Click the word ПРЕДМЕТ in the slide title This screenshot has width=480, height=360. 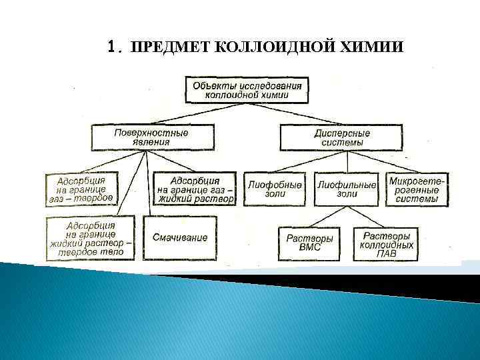point(170,47)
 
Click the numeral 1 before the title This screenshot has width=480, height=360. point(112,47)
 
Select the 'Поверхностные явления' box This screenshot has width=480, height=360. point(151,137)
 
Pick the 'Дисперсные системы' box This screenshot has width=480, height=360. point(342,138)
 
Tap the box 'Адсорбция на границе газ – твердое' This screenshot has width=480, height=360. point(81,189)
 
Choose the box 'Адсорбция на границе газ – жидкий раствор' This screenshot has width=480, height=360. point(195,189)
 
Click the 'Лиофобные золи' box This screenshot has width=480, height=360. point(275,189)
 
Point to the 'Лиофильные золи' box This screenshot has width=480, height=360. point(347,189)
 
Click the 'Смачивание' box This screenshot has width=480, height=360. point(180,237)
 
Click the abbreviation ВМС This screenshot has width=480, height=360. point(310,247)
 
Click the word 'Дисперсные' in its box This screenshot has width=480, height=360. point(342,133)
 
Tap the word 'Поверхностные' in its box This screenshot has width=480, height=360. point(151,133)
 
